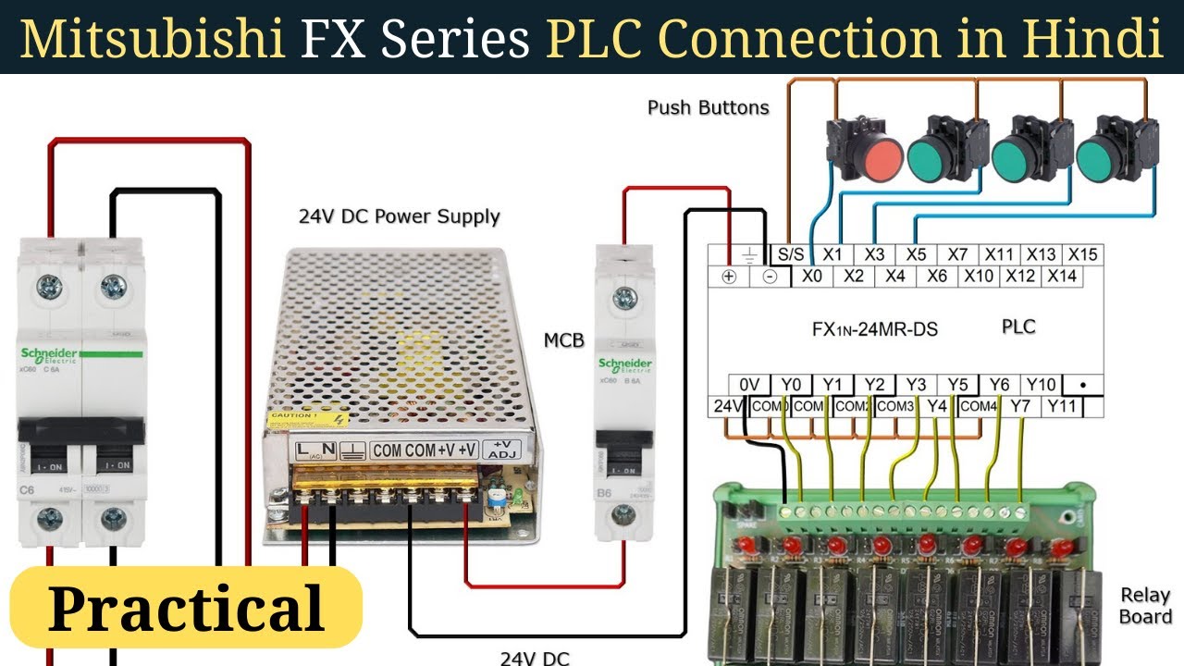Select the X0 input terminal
click(x=811, y=276)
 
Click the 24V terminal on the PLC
click(x=726, y=406)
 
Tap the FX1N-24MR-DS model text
click(x=874, y=328)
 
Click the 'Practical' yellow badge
click(x=186, y=608)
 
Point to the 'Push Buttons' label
click(x=708, y=107)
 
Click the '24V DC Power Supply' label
click(x=399, y=216)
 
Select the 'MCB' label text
click(x=563, y=340)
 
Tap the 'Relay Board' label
click(x=1145, y=606)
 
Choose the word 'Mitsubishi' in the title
click(x=153, y=38)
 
